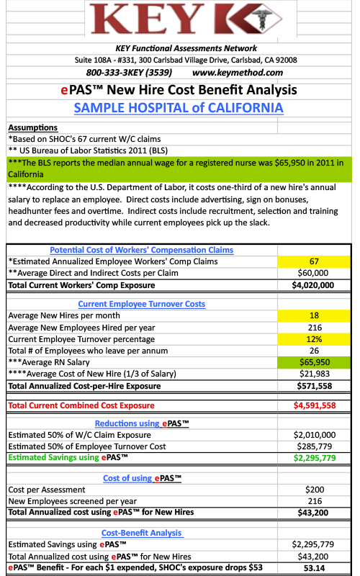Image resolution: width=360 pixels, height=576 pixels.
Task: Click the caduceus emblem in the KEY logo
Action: [262, 19]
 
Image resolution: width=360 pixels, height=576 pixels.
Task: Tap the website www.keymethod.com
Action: [238, 73]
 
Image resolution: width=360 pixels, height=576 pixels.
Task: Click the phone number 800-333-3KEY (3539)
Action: [129, 73]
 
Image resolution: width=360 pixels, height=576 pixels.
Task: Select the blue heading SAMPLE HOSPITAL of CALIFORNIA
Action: [179, 108]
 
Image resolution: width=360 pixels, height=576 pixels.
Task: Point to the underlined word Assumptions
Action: [33, 127]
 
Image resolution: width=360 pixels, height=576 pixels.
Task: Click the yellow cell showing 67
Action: [314, 261]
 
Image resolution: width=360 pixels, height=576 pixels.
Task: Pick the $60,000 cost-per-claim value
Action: [313, 273]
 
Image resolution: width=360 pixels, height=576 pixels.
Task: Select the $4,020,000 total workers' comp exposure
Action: [313, 285]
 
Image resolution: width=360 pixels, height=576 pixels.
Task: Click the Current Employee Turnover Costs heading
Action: [141, 304]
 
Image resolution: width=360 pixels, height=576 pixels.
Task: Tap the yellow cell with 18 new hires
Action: [314, 315]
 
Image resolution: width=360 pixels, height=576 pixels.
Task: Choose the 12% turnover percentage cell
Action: [314, 339]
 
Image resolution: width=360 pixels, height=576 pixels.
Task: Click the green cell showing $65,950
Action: [314, 362]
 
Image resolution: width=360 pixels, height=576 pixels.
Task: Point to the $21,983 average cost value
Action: [315, 374]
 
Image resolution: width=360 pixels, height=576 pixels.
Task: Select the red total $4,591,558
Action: [315, 405]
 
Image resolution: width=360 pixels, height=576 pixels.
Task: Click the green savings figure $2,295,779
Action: [315, 458]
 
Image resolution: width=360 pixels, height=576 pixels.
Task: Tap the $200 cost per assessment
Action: [315, 490]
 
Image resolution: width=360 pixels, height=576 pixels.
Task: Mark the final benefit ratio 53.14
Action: [315, 568]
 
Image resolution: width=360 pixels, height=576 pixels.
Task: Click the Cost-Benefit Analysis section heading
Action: [142, 533]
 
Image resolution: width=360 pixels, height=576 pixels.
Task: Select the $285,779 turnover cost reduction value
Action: [315, 446]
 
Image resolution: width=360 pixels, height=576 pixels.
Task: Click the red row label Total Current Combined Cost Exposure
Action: [81, 405]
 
